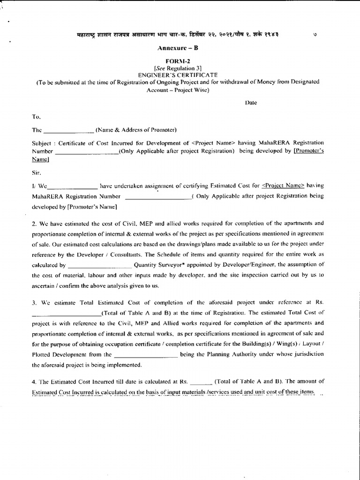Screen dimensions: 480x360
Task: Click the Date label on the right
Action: click(251, 103)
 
